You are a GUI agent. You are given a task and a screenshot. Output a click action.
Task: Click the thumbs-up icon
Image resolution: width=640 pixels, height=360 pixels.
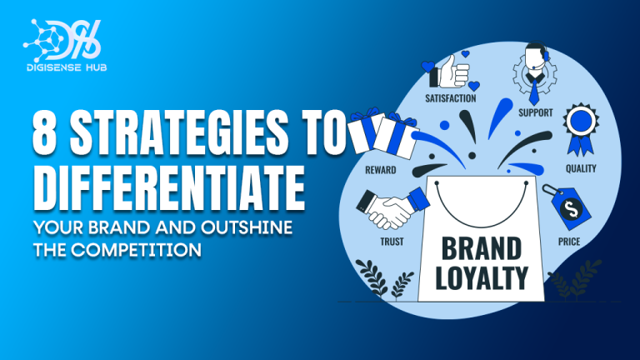click(450, 72)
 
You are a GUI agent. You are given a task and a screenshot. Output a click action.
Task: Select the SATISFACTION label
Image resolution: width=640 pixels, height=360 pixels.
click(450, 98)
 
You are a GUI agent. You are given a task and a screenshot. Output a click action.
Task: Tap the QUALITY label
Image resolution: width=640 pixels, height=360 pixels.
click(578, 167)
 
